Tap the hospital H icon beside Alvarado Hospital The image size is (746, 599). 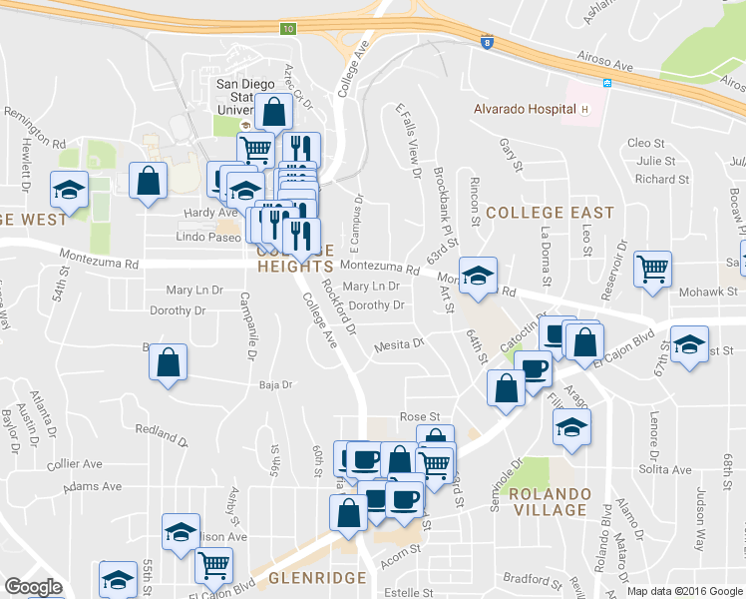pos(586,109)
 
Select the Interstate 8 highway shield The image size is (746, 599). pos(486,43)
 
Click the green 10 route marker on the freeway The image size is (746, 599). pos(287,29)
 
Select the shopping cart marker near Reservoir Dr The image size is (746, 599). pos(652,267)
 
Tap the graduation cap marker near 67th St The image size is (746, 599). pos(689,343)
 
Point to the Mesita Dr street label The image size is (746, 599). pos(399,345)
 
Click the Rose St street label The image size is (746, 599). pos(419,416)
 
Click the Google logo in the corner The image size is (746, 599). pos(33,587)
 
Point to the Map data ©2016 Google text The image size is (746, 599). pos(685,591)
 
